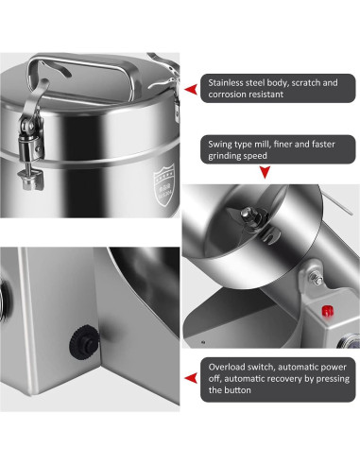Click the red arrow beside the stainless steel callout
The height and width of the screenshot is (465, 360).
pyautogui.click(x=191, y=90)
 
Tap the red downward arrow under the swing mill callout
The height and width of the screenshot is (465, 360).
pyautogui.click(x=266, y=173)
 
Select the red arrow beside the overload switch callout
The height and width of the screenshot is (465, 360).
pyautogui.click(x=191, y=378)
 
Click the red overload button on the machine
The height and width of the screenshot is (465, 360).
pyautogui.click(x=327, y=311)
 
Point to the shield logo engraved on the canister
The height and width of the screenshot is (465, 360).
pyautogui.click(x=163, y=184)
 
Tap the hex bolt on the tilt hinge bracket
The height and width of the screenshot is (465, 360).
pyautogui.click(x=316, y=278)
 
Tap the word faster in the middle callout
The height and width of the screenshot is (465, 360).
pyautogui.click(x=323, y=145)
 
